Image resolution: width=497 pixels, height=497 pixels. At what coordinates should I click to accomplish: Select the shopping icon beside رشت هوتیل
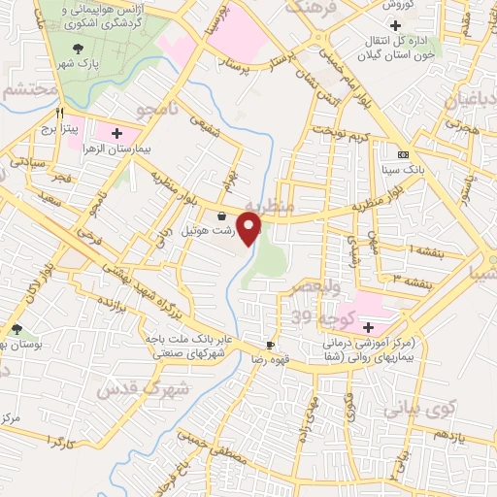point(223,215)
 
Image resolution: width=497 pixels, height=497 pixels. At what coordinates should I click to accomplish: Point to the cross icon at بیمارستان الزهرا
point(118,132)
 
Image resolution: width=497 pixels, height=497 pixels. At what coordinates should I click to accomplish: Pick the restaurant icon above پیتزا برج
point(59,112)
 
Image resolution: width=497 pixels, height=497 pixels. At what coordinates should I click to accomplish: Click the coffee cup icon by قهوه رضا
point(271,345)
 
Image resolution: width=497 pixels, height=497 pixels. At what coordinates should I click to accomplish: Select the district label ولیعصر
point(315,288)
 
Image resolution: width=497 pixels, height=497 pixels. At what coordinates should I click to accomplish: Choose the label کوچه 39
point(317,318)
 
